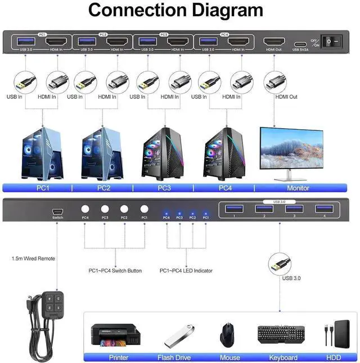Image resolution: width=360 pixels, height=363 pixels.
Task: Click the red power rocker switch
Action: point(331,42)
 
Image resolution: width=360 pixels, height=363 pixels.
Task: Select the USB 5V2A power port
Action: point(300,42)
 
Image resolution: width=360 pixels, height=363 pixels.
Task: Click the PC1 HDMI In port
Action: point(55,42)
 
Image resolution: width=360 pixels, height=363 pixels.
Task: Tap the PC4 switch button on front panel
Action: point(85,207)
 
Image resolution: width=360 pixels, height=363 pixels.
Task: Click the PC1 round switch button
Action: point(144,207)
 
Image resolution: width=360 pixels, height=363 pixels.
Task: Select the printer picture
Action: point(115,335)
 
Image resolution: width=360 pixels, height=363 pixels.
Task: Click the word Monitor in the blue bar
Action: point(298,188)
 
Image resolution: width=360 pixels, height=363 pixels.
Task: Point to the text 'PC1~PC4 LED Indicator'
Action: point(186,271)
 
